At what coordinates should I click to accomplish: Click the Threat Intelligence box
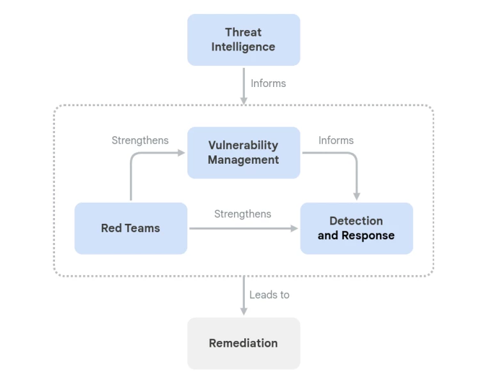(x=244, y=40)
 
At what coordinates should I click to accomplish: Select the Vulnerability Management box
(x=244, y=152)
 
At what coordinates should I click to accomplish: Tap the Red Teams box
(x=130, y=228)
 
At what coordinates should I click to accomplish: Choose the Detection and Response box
(x=356, y=228)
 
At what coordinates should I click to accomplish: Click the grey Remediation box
(x=244, y=343)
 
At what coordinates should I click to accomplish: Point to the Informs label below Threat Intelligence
(x=268, y=83)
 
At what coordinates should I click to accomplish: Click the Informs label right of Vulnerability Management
(x=336, y=140)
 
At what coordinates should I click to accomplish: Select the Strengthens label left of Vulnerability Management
(x=140, y=140)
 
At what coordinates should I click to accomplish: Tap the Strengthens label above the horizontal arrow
(x=242, y=214)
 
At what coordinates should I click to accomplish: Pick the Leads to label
(x=269, y=294)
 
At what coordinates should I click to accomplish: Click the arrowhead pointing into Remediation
(x=244, y=311)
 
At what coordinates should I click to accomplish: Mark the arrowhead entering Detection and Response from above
(x=356, y=196)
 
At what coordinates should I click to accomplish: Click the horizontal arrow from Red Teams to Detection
(x=243, y=228)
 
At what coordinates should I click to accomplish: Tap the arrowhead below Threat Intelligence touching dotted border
(x=244, y=100)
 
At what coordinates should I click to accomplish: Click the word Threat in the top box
(x=243, y=32)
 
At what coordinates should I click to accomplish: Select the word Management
(x=244, y=160)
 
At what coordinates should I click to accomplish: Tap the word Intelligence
(x=244, y=47)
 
